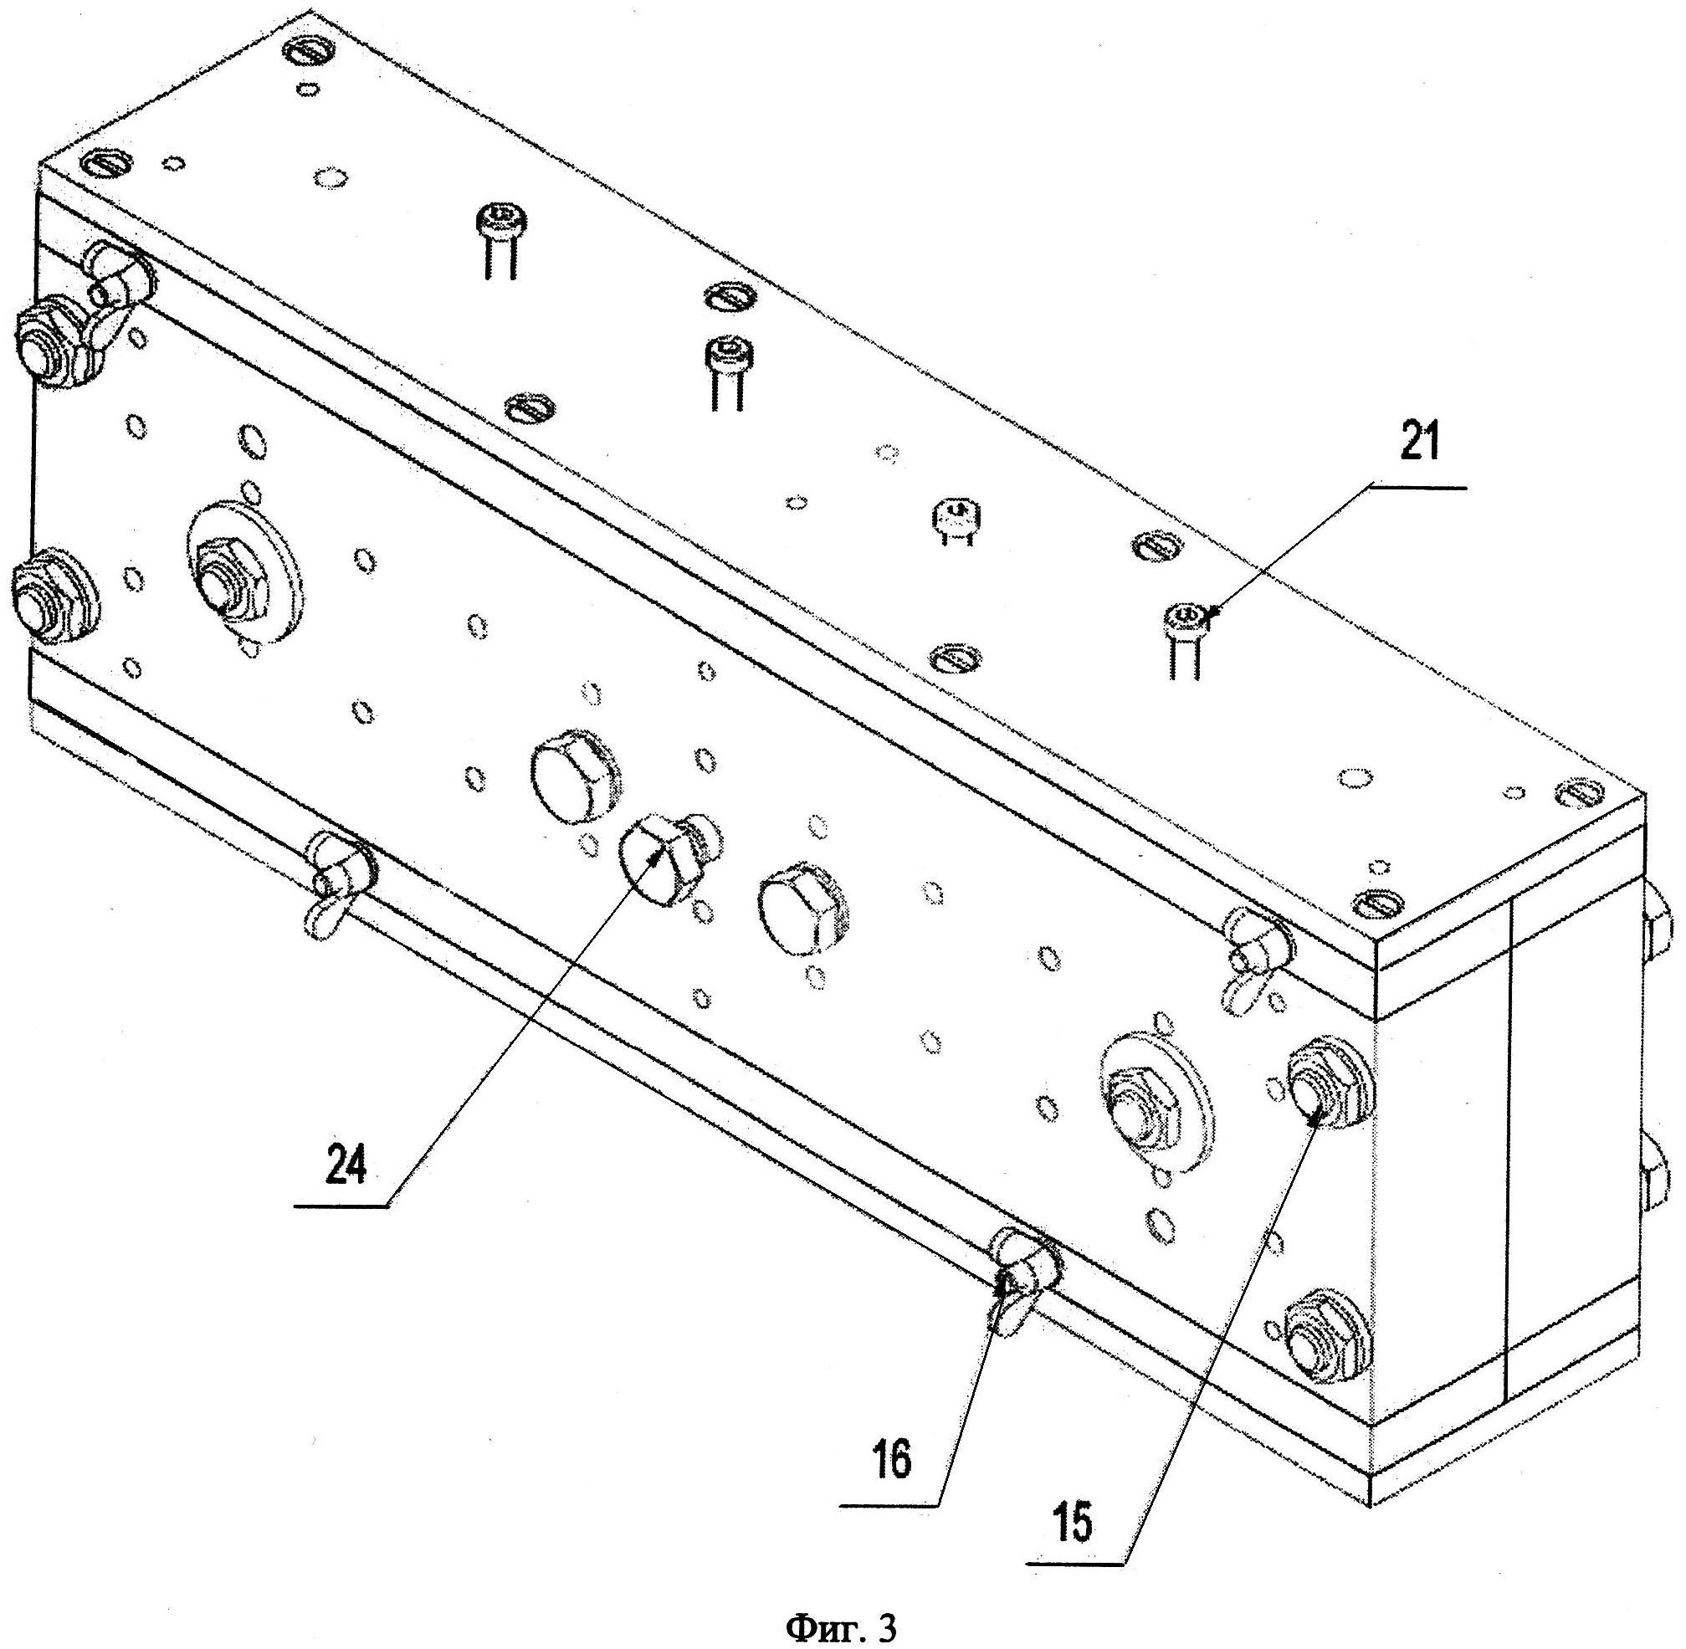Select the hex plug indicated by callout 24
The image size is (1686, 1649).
662,863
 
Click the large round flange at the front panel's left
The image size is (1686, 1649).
245,574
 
